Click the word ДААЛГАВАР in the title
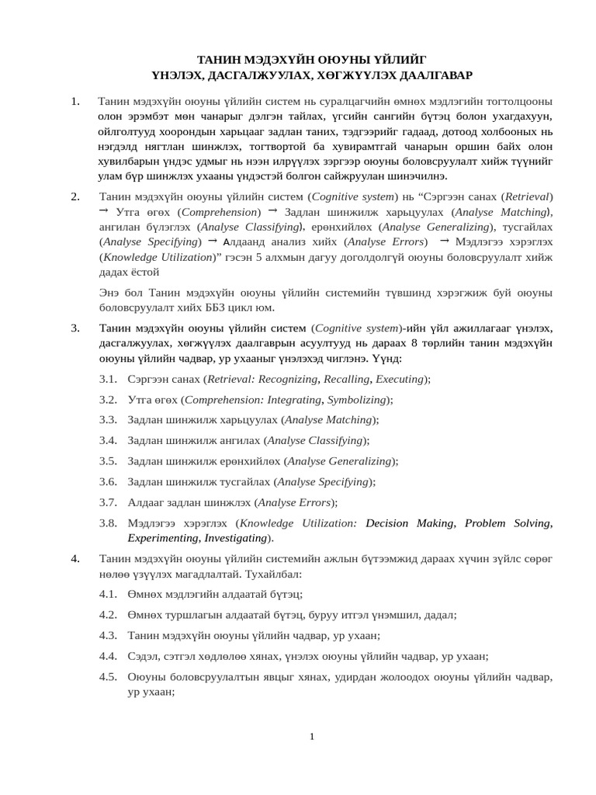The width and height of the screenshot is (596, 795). [432, 75]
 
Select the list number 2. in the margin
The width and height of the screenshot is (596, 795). [75, 196]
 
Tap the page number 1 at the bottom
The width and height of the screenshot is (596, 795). [311, 736]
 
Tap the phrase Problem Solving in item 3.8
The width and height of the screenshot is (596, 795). [508, 523]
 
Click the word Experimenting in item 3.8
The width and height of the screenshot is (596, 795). [162, 537]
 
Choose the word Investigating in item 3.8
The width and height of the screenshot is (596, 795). [235, 537]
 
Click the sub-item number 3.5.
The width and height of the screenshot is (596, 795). [108, 461]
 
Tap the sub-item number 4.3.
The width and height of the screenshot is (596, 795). [108, 635]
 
